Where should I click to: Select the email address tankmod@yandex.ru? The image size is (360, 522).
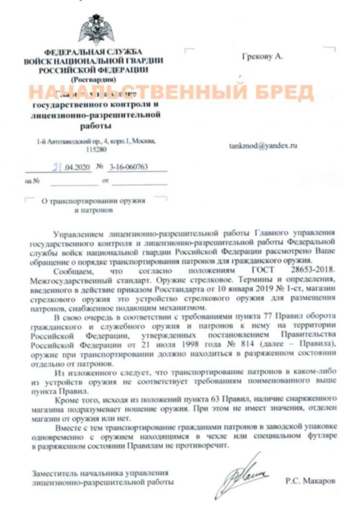pyautogui.click(x=263, y=146)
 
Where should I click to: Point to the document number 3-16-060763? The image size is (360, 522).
pyautogui.click(x=129, y=167)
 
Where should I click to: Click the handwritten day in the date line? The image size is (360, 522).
pyautogui.click(x=56, y=167)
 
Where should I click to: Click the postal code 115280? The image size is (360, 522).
pyautogui.click(x=95, y=149)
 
